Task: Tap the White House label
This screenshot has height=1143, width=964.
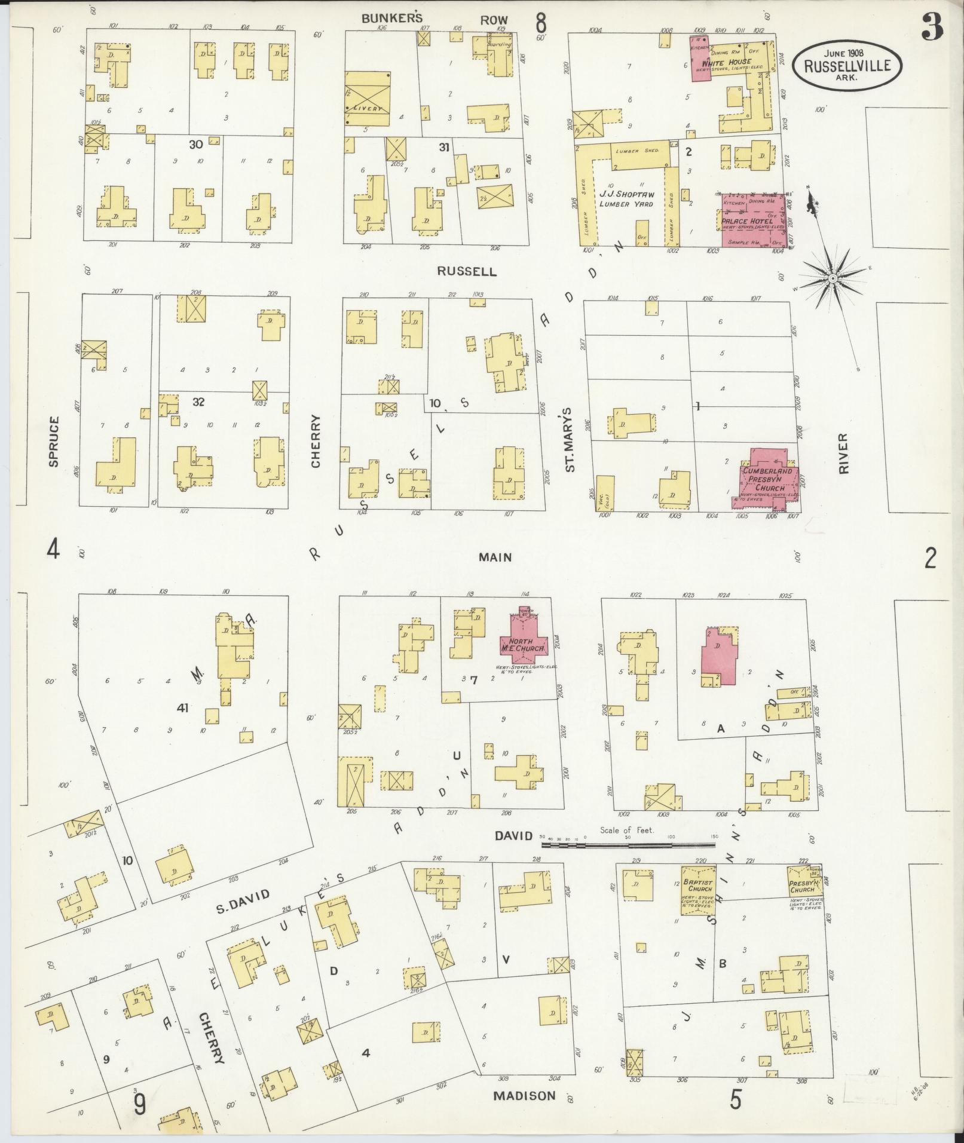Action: tap(726, 62)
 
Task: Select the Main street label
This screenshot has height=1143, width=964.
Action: tap(495, 557)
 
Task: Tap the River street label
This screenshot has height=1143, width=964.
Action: tap(843, 454)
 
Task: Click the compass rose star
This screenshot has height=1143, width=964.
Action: tap(831, 278)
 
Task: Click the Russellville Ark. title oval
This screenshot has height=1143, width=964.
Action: tap(847, 66)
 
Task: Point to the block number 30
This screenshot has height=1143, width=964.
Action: tap(196, 144)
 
